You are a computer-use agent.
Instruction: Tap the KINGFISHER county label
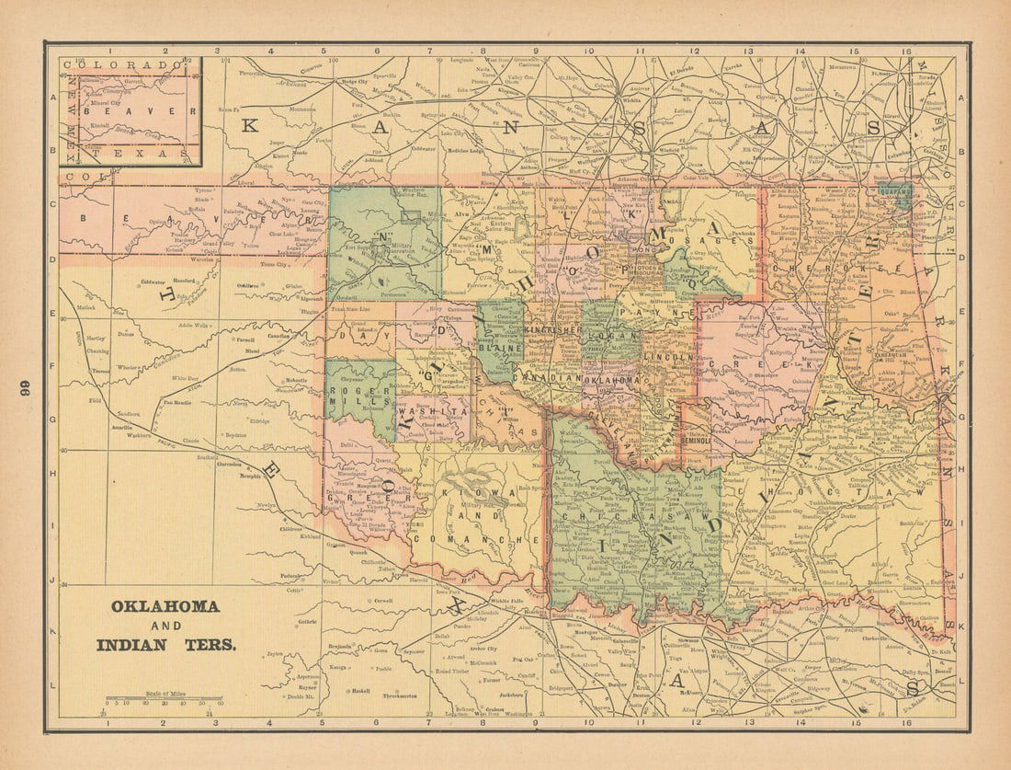550,328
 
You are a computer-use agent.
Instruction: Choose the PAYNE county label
655,314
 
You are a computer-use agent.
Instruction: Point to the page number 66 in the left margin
26,387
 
